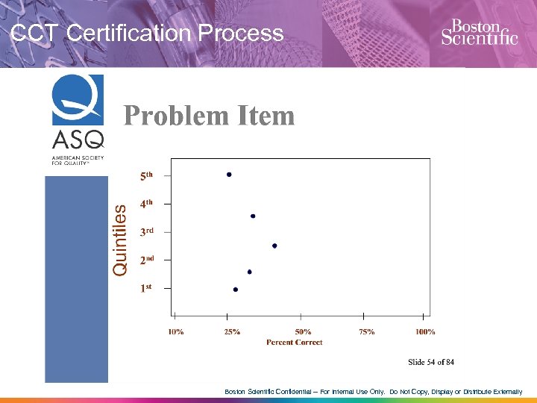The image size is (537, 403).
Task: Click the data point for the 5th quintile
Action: pyautogui.click(x=229, y=175)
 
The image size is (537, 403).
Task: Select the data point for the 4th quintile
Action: pyautogui.click(x=253, y=216)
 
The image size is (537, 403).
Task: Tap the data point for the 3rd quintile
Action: pyautogui.click(x=274, y=246)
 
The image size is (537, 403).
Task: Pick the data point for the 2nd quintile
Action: pyautogui.click(x=249, y=272)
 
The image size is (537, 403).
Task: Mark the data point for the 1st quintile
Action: pyautogui.click(x=236, y=290)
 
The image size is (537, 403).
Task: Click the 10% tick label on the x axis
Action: pyautogui.click(x=177, y=331)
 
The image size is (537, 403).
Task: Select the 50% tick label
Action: pyautogui.click(x=303, y=331)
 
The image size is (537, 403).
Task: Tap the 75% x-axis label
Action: pyautogui.click(x=366, y=331)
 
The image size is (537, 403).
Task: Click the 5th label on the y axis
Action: pyautogui.click(x=147, y=176)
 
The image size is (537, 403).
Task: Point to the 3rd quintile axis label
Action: pyautogui.click(x=147, y=232)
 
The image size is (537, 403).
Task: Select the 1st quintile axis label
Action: pyautogui.click(x=146, y=289)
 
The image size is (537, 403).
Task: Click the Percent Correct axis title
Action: pyautogui.click(x=295, y=343)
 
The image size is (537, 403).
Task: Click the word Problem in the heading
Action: pyautogui.click(x=176, y=116)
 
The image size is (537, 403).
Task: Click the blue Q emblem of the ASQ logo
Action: pyautogui.click(x=78, y=100)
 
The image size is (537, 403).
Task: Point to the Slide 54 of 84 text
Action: pyautogui.click(x=431, y=362)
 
